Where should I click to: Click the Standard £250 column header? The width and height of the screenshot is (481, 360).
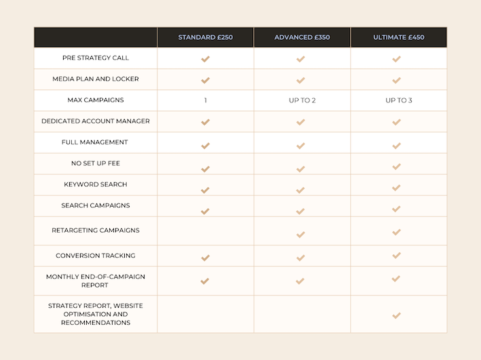(205, 37)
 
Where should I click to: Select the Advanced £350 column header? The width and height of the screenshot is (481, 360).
(302, 37)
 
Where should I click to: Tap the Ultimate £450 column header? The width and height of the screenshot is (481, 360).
(398, 37)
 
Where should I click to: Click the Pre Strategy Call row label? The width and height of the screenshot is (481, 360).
(96, 58)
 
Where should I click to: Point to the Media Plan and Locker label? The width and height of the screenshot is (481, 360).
(96, 79)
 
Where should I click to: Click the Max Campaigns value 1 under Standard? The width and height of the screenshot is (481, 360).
(205, 100)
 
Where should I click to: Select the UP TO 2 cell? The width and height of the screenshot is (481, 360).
(302, 100)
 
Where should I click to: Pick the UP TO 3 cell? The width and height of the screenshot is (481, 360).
(398, 100)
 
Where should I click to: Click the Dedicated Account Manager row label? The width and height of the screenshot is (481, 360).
(96, 121)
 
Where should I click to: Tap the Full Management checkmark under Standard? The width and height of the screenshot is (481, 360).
(205, 146)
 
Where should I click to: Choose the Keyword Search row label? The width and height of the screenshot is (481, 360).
(96, 184)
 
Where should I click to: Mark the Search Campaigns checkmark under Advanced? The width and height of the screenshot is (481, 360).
(301, 211)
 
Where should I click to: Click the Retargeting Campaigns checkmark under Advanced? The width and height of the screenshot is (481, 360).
(301, 235)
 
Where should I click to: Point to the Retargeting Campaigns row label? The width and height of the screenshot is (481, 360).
(96, 231)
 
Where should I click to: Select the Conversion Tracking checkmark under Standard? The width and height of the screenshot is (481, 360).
(205, 258)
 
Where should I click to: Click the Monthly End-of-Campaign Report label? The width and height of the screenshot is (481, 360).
(96, 281)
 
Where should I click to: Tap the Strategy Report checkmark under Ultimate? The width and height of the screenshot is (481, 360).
(397, 315)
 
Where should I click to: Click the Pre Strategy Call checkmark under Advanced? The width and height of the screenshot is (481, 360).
(301, 59)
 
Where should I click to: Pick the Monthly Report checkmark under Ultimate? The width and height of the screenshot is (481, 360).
(397, 279)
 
